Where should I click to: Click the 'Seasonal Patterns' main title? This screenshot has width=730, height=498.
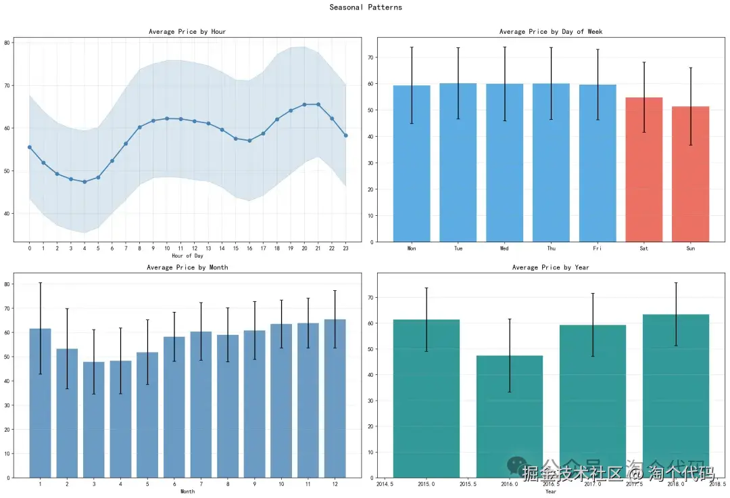(x=366, y=7)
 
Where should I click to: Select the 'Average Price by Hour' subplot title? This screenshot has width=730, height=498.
(x=187, y=32)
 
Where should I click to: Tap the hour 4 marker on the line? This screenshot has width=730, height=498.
(x=84, y=182)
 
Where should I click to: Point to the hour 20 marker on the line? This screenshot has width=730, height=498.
(x=305, y=104)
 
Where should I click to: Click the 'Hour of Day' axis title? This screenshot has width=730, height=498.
(x=187, y=256)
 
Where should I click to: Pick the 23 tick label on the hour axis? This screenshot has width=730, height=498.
(x=345, y=249)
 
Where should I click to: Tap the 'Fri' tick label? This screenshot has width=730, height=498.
(x=598, y=249)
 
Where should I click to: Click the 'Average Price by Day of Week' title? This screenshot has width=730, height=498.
(x=551, y=32)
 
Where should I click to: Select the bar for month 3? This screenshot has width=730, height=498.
(x=94, y=420)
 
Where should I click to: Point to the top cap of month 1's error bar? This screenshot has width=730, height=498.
(x=41, y=283)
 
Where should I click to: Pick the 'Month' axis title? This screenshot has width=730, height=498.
(x=187, y=492)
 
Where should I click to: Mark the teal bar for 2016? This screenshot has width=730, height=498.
(x=510, y=417)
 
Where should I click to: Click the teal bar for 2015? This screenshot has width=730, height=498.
(x=427, y=399)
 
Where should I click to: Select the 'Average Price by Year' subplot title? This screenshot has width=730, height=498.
(x=551, y=268)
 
